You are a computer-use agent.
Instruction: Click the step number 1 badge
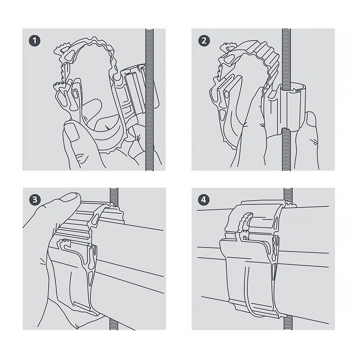(34, 41)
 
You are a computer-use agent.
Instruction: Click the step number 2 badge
(204, 41)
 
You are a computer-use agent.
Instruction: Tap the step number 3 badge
(35, 200)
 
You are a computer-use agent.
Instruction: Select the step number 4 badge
(204, 200)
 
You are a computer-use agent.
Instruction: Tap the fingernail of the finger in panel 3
(70, 197)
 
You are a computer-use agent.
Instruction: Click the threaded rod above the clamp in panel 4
(288, 195)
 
